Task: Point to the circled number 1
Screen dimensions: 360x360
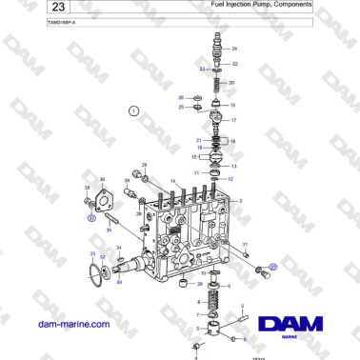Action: [133, 111]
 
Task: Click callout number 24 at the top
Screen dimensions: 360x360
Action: [235, 48]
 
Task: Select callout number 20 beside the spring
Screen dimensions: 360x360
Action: [230, 83]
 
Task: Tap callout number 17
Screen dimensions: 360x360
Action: [235, 121]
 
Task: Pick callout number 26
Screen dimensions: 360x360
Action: [181, 97]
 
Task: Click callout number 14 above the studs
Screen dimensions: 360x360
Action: [172, 181]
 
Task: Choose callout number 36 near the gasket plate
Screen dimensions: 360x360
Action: [102, 179]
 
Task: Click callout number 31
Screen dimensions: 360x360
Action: [92, 254]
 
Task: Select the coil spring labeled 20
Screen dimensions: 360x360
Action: [217, 83]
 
